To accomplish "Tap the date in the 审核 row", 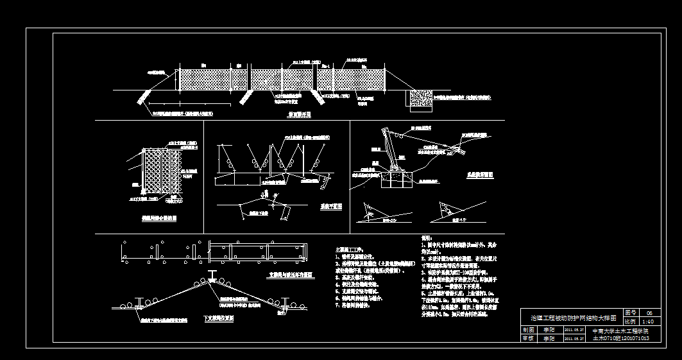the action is (x=573, y=338).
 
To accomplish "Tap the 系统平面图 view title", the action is (x=331, y=207).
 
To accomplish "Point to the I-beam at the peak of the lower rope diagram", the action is (x=212, y=277).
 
